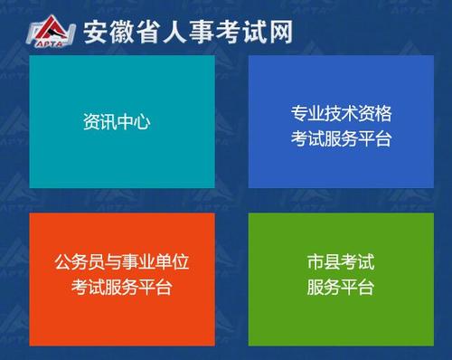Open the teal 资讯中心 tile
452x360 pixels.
point(122,121)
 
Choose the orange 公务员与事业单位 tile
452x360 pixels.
point(122,278)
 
